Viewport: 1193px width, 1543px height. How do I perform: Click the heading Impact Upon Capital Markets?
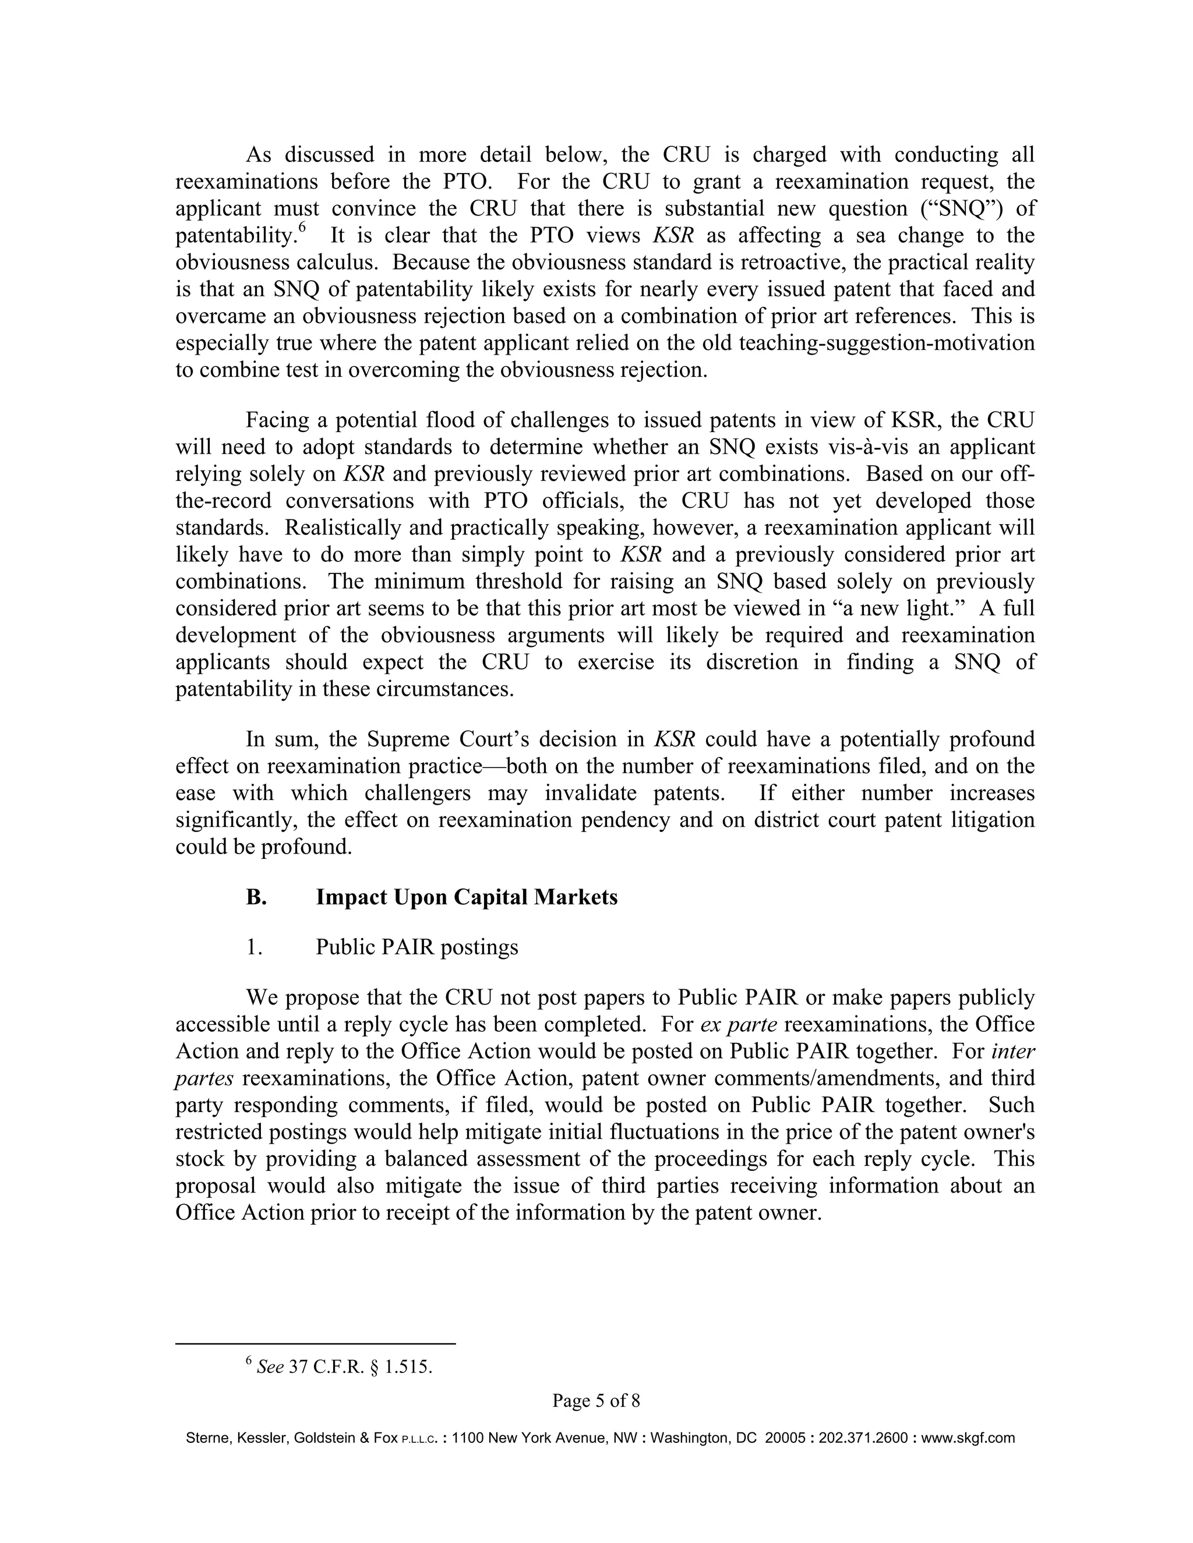point(467,897)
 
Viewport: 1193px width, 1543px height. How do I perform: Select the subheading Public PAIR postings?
point(417,947)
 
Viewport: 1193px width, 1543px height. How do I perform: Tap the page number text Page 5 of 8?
point(596,1400)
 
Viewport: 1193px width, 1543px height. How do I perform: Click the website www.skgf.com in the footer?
point(968,1438)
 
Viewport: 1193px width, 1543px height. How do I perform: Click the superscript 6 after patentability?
point(302,228)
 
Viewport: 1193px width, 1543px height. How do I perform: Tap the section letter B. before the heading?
point(256,897)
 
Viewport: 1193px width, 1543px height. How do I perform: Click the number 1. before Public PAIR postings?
point(255,947)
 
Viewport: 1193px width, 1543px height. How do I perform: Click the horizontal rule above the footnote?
point(315,1344)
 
